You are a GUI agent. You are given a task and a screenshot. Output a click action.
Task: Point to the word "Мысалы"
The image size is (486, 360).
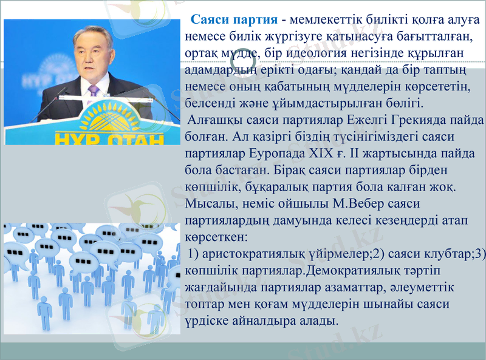pos(208,200)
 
